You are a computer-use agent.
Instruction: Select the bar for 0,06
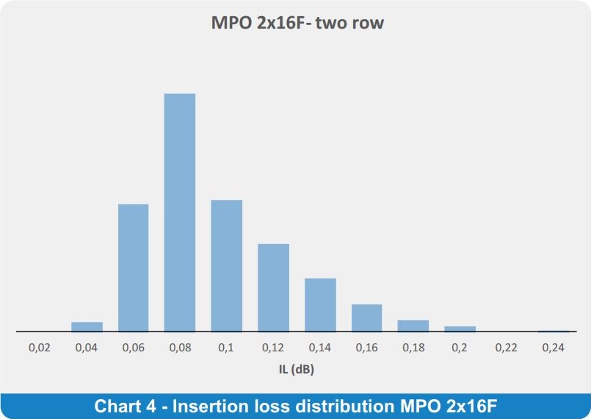tap(134, 268)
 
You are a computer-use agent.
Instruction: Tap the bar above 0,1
tap(227, 266)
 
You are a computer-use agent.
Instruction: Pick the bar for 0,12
tap(274, 287)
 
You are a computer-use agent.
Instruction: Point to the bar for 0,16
tap(367, 318)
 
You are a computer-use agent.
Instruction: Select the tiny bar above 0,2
tap(460, 329)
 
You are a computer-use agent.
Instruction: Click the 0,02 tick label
tap(39, 347)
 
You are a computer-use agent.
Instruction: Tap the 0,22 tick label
tap(506, 347)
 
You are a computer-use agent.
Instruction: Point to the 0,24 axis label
tap(553, 347)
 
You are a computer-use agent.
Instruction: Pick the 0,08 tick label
tap(180, 347)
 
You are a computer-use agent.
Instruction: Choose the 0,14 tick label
tap(319, 347)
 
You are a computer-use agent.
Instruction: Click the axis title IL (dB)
tap(297, 369)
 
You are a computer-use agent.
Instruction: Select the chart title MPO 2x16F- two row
tap(297, 22)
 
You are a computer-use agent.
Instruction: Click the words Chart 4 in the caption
tap(125, 407)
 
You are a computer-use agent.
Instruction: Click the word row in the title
tap(367, 24)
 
